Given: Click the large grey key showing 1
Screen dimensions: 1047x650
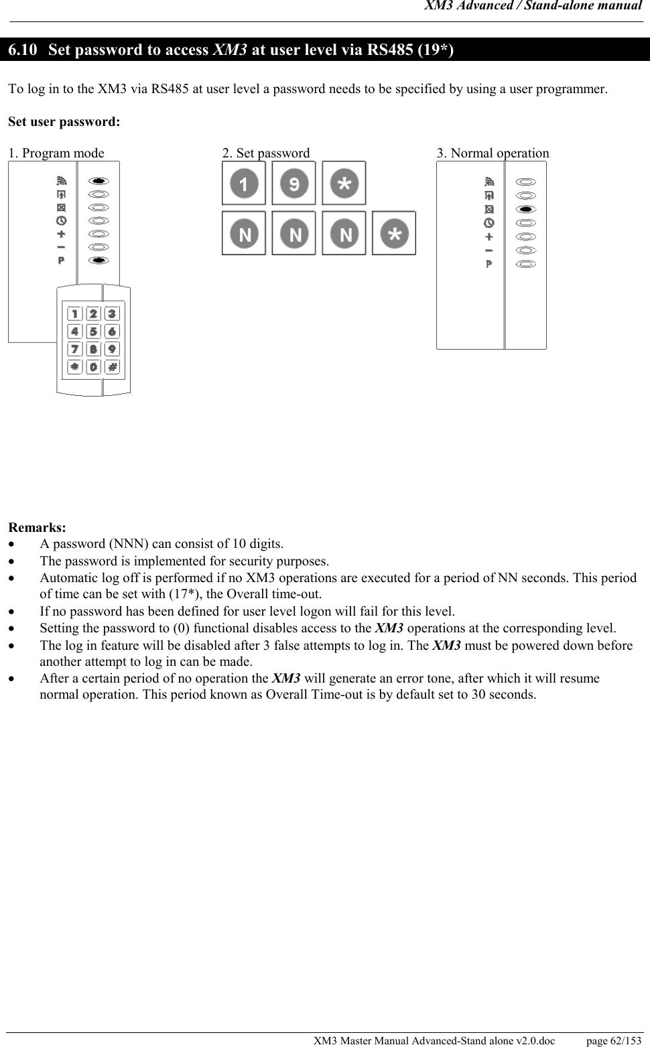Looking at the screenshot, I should point(244,183).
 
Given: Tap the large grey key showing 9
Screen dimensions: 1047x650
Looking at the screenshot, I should point(294,183).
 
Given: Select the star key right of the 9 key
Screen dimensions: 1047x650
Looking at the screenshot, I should point(344,183).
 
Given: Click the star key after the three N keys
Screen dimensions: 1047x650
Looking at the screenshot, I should point(394,233).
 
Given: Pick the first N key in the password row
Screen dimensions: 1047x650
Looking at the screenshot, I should point(244,233).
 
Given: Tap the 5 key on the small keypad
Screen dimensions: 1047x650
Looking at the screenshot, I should point(93,331).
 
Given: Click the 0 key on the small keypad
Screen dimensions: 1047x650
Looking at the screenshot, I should point(93,367).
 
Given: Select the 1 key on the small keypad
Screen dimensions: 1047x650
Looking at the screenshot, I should point(74,313).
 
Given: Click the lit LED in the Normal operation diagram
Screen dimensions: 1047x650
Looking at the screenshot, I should point(527,209).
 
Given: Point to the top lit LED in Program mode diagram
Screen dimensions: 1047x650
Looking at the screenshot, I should point(99,181).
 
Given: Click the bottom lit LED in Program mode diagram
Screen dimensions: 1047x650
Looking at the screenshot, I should point(99,260).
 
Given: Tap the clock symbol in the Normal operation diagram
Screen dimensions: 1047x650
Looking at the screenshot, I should point(489,222).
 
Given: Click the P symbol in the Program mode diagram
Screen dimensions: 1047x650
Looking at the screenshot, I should point(61,260).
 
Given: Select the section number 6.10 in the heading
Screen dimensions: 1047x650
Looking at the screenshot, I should point(23,50).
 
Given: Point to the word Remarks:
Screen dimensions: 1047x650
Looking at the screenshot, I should point(37,527).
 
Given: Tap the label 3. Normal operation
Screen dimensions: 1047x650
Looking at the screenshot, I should point(493,153).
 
